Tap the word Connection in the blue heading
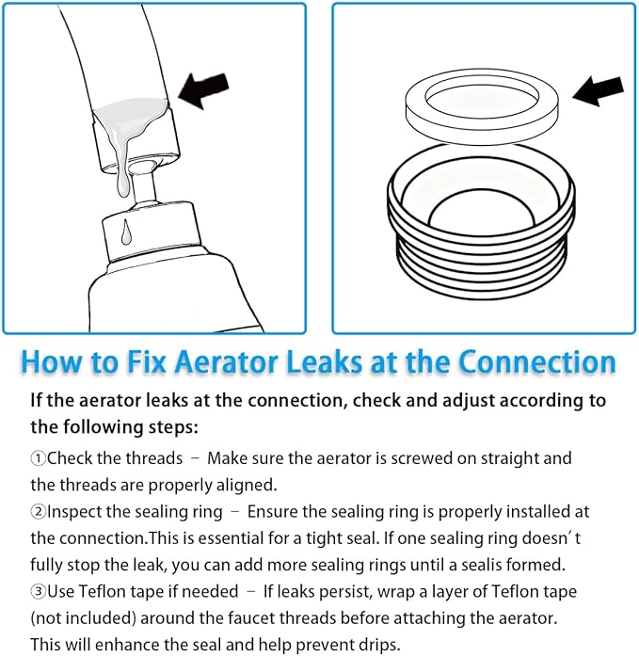tap(536, 362)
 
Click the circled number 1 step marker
tap(38, 458)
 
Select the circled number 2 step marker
tap(38, 512)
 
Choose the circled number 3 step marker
tap(38, 592)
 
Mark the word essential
tap(215, 538)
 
